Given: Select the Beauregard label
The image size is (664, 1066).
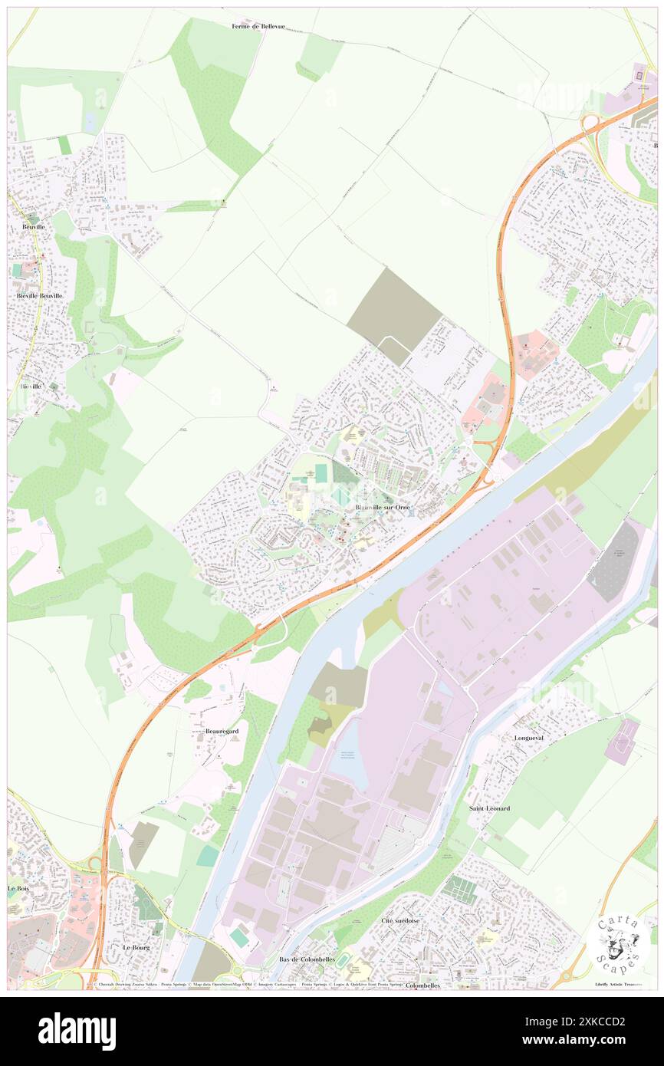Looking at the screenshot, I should pyautogui.click(x=222, y=732).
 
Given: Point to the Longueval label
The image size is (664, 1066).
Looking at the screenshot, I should pyautogui.click(x=528, y=738).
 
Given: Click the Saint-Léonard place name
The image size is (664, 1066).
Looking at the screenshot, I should pyautogui.click(x=488, y=808).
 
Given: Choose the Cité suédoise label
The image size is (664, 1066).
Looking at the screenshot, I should pyautogui.click(x=400, y=920).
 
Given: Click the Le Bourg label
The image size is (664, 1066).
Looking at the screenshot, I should pyautogui.click(x=137, y=948).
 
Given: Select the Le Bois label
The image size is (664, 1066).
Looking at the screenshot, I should pyautogui.click(x=18, y=888).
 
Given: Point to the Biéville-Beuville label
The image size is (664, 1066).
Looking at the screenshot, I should pyautogui.click(x=39, y=295).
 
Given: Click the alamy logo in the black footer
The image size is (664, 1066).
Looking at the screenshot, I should pyautogui.click(x=77, y=1031).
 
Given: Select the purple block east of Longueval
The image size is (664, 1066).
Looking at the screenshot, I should pyautogui.click(x=621, y=741).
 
